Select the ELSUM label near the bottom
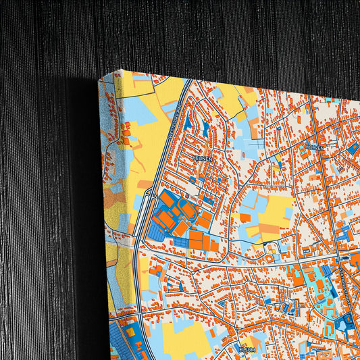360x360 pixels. [x=247, y=349]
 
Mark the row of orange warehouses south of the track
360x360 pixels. [x=203, y=240]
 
